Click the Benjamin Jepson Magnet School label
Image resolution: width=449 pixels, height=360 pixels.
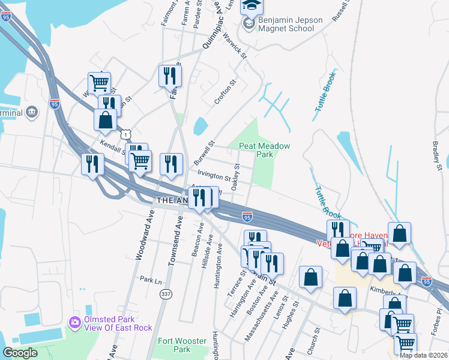pos(290,24)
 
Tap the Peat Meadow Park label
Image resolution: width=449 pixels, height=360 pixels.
pos(265,150)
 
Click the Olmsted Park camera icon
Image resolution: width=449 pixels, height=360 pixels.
pos(75,322)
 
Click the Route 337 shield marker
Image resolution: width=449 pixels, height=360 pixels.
pos(166,294)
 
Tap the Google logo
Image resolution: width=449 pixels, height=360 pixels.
pos(20,353)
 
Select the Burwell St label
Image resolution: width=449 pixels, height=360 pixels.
pos(204,154)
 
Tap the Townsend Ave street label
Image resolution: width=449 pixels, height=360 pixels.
pos(178,235)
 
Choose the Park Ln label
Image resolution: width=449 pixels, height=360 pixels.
pos(151,280)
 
